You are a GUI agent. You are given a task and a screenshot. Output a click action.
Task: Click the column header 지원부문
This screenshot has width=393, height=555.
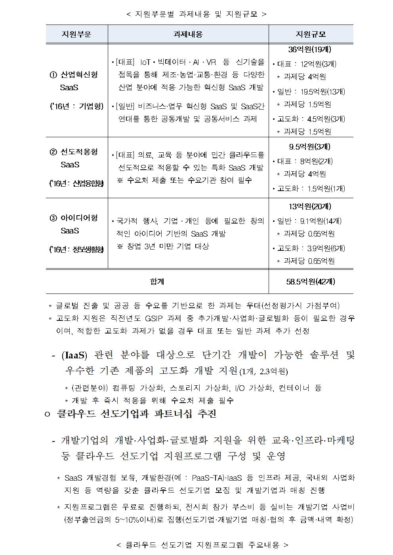click(x=76, y=34)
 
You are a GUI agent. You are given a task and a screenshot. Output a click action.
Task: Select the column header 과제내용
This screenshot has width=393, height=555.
click(x=188, y=34)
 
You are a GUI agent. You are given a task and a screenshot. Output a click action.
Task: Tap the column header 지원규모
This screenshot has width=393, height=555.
click(x=311, y=34)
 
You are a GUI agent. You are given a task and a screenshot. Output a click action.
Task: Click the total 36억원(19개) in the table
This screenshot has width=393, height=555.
click(x=310, y=49)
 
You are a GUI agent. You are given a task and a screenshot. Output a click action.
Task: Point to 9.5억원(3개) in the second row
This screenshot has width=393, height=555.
click(x=310, y=147)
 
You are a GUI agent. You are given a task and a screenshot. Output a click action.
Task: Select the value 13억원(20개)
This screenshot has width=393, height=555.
click(x=310, y=206)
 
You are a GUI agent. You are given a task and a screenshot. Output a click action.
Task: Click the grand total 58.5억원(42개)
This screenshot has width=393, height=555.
click(x=311, y=282)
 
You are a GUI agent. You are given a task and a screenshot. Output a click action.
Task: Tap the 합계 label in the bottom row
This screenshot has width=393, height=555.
click(x=157, y=282)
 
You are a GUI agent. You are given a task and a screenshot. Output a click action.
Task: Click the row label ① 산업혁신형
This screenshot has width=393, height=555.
click(x=74, y=75)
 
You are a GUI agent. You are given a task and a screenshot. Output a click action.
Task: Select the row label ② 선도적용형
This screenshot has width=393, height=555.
click(x=74, y=152)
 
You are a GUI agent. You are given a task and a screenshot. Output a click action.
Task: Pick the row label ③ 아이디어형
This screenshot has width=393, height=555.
click(x=74, y=218)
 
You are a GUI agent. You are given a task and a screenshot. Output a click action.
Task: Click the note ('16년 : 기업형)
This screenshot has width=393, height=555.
click(x=76, y=106)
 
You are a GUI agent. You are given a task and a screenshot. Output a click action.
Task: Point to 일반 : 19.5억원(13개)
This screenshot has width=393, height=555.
click(x=309, y=92)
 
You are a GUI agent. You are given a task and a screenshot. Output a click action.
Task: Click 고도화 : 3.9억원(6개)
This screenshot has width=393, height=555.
click(x=309, y=248)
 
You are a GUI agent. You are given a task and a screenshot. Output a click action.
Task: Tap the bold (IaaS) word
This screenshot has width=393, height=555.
click(x=74, y=355)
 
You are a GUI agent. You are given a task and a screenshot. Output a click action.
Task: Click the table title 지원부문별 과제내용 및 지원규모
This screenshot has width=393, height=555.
click(x=196, y=14)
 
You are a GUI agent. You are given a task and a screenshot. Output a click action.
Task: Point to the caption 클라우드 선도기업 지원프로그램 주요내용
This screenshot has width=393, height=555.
click(x=202, y=545)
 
